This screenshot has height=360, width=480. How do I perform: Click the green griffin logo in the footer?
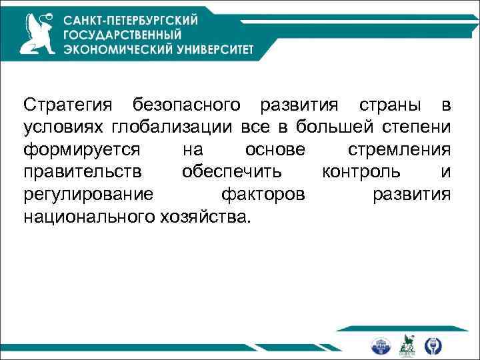407,345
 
